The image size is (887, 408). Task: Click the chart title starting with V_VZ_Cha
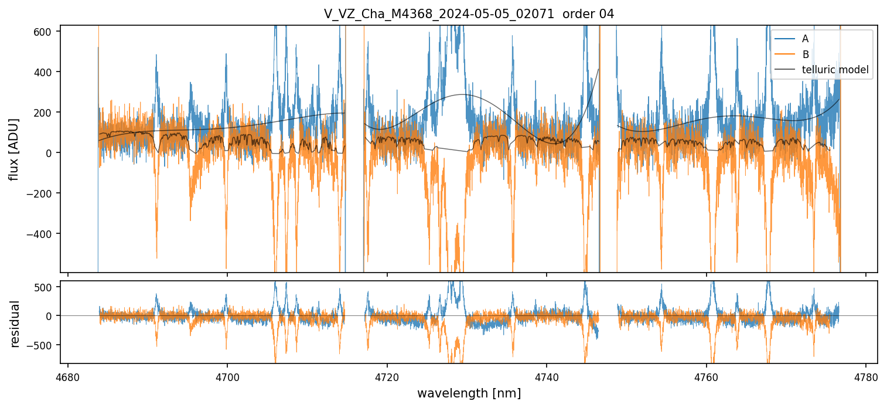(x=469, y=14)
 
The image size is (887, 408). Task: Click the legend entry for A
(x=805, y=39)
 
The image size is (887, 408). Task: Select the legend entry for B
(x=805, y=55)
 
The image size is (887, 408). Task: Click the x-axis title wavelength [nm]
(x=469, y=393)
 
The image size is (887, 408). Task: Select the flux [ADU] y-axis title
(x=13, y=149)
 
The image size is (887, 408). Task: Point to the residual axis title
(x=15, y=324)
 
